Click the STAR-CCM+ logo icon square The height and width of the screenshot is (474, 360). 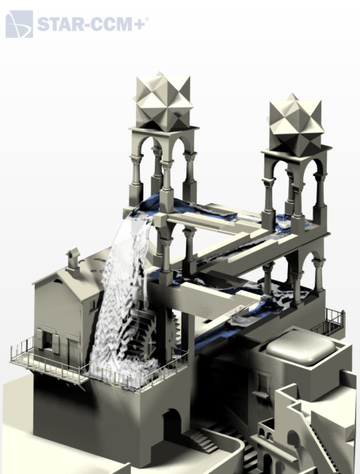[19, 24]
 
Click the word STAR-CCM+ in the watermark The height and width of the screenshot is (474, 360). [92, 24]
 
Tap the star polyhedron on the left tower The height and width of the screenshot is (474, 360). [163, 101]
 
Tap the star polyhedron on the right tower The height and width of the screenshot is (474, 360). [295, 125]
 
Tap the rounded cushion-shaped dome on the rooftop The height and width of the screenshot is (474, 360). [301, 348]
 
